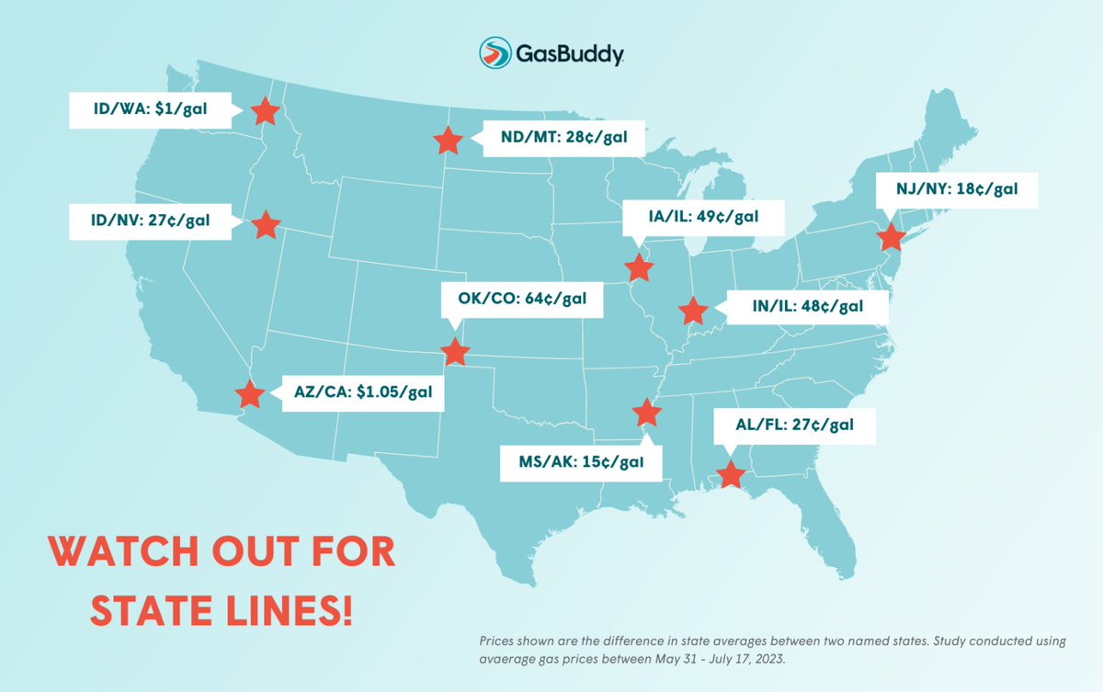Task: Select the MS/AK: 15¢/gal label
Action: [581, 462]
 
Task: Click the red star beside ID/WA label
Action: [265, 111]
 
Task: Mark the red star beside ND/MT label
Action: [448, 141]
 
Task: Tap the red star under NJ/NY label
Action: [890, 237]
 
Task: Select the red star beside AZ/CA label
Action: [248, 394]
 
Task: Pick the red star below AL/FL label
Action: [730, 474]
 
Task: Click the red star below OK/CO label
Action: [455, 352]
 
